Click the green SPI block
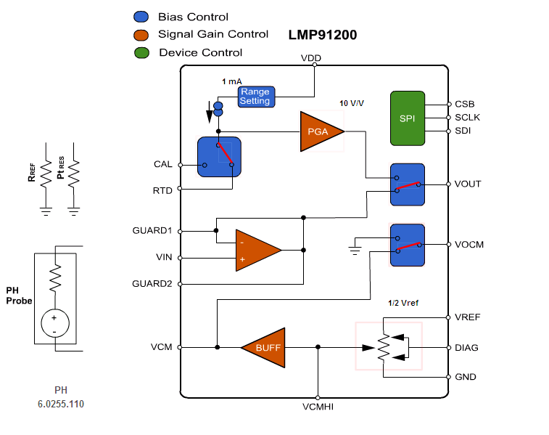coord(407,118)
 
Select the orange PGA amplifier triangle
coord(319,131)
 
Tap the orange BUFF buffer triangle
coord(265,347)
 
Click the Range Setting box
coord(255,97)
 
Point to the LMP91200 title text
coord(322,34)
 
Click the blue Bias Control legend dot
coord(141,17)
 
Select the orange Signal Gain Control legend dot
coord(141,34)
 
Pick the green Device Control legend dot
coord(141,52)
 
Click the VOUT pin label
coord(468,184)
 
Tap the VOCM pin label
coord(469,245)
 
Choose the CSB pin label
coord(464,104)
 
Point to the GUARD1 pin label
coord(152,230)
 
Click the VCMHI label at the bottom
coord(318,407)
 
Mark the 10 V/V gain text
coord(352,104)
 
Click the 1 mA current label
coord(232,81)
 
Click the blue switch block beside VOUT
coord(407,184)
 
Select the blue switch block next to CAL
coord(219,156)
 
